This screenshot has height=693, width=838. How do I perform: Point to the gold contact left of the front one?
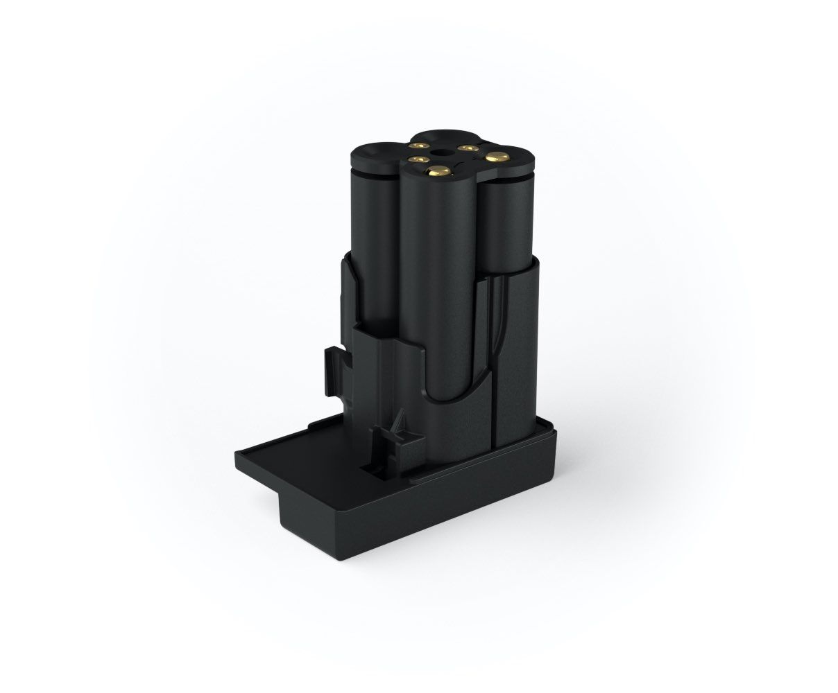tap(417, 161)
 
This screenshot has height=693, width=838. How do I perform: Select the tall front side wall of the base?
tap(416, 520)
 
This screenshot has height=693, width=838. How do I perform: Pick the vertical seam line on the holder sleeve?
tap(494, 360)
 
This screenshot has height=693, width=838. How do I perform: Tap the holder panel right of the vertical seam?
tap(517, 360)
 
